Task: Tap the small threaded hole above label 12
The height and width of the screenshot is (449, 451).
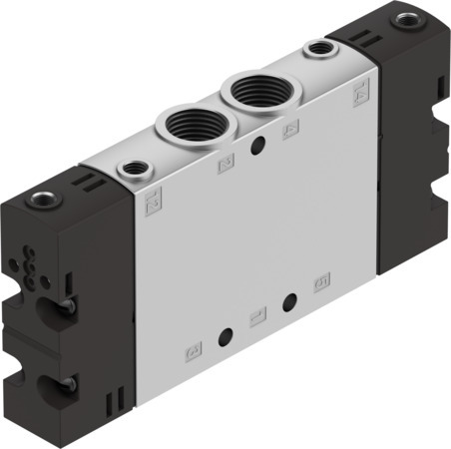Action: pos(131,171)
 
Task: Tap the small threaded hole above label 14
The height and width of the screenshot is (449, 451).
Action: pos(319,47)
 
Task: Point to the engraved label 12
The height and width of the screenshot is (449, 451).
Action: pos(153,207)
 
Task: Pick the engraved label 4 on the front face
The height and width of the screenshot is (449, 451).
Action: pos(291,130)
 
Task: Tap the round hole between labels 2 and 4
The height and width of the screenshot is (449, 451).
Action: pos(258,147)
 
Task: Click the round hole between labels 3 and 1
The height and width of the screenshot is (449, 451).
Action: pos(226,334)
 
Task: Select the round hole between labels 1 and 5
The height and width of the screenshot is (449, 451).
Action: pos(290,302)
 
